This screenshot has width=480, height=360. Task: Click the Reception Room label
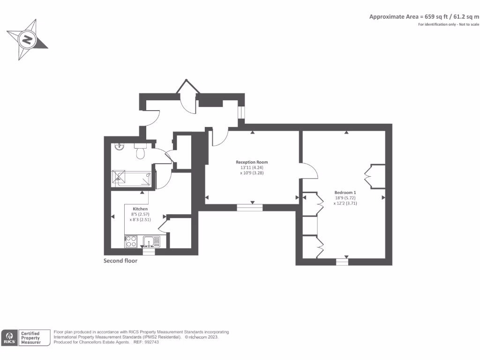tap(252, 162)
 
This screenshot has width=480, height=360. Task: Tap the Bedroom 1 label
tap(345, 193)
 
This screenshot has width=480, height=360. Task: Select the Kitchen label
tap(140, 209)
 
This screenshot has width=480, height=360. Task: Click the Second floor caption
tap(120, 261)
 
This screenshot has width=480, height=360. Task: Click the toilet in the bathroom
tap(141, 151)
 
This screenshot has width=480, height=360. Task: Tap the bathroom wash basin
tap(120, 147)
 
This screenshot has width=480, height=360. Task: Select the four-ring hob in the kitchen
tap(131, 241)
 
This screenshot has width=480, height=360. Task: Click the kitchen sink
tap(151, 241)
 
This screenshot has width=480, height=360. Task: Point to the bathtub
tap(132, 179)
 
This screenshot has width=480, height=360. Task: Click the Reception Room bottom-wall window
tap(250, 208)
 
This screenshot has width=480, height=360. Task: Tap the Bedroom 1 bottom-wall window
tap(342, 262)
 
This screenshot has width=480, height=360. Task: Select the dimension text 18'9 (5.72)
tap(345, 198)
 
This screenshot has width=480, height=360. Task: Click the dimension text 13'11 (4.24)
tap(252, 167)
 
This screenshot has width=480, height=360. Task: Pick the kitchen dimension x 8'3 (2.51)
tap(140, 219)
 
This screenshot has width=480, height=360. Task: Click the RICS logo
tap(9, 338)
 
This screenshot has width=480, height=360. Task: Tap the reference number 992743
tap(152, 342)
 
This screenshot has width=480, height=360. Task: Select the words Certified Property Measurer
tap(30, 338)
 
